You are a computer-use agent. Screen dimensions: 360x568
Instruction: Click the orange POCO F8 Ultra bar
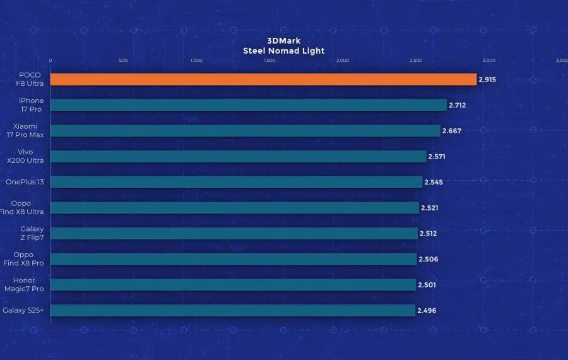click(x=263, y=80)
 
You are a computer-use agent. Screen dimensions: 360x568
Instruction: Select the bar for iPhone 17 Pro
click(x=248, y=105)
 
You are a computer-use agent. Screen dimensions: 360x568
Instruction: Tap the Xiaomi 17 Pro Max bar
click(x=245, y=131)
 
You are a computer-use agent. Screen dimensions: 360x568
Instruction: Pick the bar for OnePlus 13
click(x=236, y=182)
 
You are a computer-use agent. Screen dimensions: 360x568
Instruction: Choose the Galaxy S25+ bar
click(x=232, y=310)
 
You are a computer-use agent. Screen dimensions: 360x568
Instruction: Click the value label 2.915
click(x=487, y=80)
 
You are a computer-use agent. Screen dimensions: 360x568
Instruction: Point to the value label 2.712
click(x=458, y=105)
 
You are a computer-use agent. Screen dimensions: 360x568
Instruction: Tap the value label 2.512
click(x=428, y=234)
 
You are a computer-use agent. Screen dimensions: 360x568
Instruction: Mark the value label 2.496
click(x=426, y=311)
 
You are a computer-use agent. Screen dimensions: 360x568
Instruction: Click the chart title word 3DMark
click(x=284, y=40)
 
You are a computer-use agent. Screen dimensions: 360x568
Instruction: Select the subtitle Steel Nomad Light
click(x=284, y=51)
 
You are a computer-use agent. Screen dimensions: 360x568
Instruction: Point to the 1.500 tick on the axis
click(x=269, y=61)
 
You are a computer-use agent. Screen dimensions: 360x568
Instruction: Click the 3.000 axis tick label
click(x=489, y=61)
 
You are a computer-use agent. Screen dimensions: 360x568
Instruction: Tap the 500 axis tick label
click(x=123, y=61)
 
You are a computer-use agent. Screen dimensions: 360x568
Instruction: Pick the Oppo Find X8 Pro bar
click(x=234, y=259)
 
